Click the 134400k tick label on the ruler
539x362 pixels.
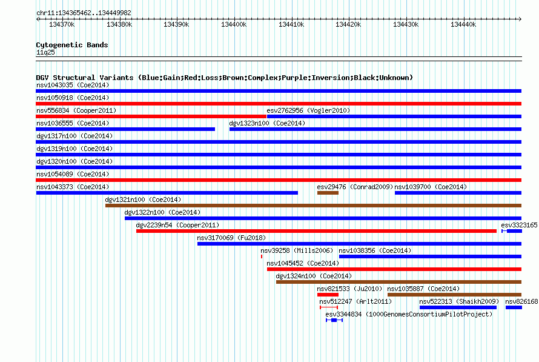pyautogui.click(x=234, y=24)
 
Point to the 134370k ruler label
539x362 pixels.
pyautogui.click(x=62, y=24)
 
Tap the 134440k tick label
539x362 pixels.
pyautogui.click(x=463, y=24)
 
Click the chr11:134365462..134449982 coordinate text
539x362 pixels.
pyautogui.click(x=84, y=13)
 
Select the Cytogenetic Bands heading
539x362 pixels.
pyautogui.click(x=72, y=45)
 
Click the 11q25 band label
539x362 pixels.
pyautogui.click(x=45, y=52)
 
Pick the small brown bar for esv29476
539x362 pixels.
pyautogui.click(x=328, y=193)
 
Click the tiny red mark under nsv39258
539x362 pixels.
pyautogui.click(x=262, y=256)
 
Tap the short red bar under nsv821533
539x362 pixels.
pyautogui.click(x=328, y=295)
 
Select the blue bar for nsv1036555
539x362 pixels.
pyautogui.click(x=125, y=129)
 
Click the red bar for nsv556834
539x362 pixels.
pyautogui.click(x=151, y=116)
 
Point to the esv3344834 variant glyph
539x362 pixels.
pyautogui.click(x=334, y=320)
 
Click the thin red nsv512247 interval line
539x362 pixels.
pyautogui.click(x=329, y=307)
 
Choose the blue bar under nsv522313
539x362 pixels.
pyautogui.click(x=458, y=307)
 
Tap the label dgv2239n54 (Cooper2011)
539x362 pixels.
pyautogui.click(x=177, y=225)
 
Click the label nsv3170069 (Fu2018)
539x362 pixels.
pyautogui.click(x=231, y=238)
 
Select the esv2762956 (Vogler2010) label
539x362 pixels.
pyautogui.click(x=308, y=110)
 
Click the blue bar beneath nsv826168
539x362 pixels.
pyautogui.click(x=514, y=307)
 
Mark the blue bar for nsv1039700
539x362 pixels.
pyautogui.click(x=458, y=193)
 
